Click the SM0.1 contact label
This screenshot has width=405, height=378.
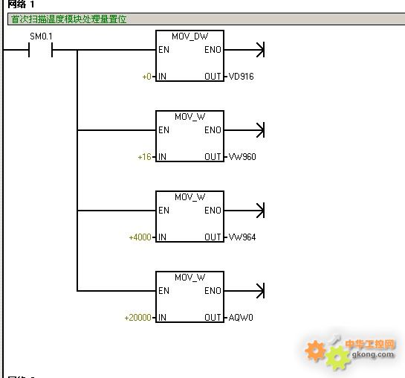coord(41,36)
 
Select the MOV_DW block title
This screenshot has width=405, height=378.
coord(189,36)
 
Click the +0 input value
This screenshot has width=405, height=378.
coord(147,77)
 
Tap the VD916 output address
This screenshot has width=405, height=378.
coord(242,77)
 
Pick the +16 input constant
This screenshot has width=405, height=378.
coord(145,157)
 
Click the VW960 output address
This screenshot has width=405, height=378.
coord(242,157)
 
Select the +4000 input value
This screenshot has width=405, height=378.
coord(140,237)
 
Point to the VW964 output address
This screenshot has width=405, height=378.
coord(242,237)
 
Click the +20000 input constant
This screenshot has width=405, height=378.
coord(138,318)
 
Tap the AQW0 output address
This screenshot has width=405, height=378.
coord(241,318)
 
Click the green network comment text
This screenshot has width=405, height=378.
coord(69,19)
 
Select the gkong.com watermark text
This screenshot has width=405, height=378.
coord(373,354)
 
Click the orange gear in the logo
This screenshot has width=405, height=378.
coord(315,350)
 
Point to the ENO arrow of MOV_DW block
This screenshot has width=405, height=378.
coord(244,50)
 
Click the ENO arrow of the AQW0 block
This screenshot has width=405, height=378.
coord(244,291)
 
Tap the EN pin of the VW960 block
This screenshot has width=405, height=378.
coord(163,130)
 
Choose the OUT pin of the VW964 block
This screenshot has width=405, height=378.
coord(213,237)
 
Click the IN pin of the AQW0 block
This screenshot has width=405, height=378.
coord(162,318)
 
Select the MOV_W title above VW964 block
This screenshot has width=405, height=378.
coord(189,197)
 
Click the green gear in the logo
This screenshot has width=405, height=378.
coord(338,358)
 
